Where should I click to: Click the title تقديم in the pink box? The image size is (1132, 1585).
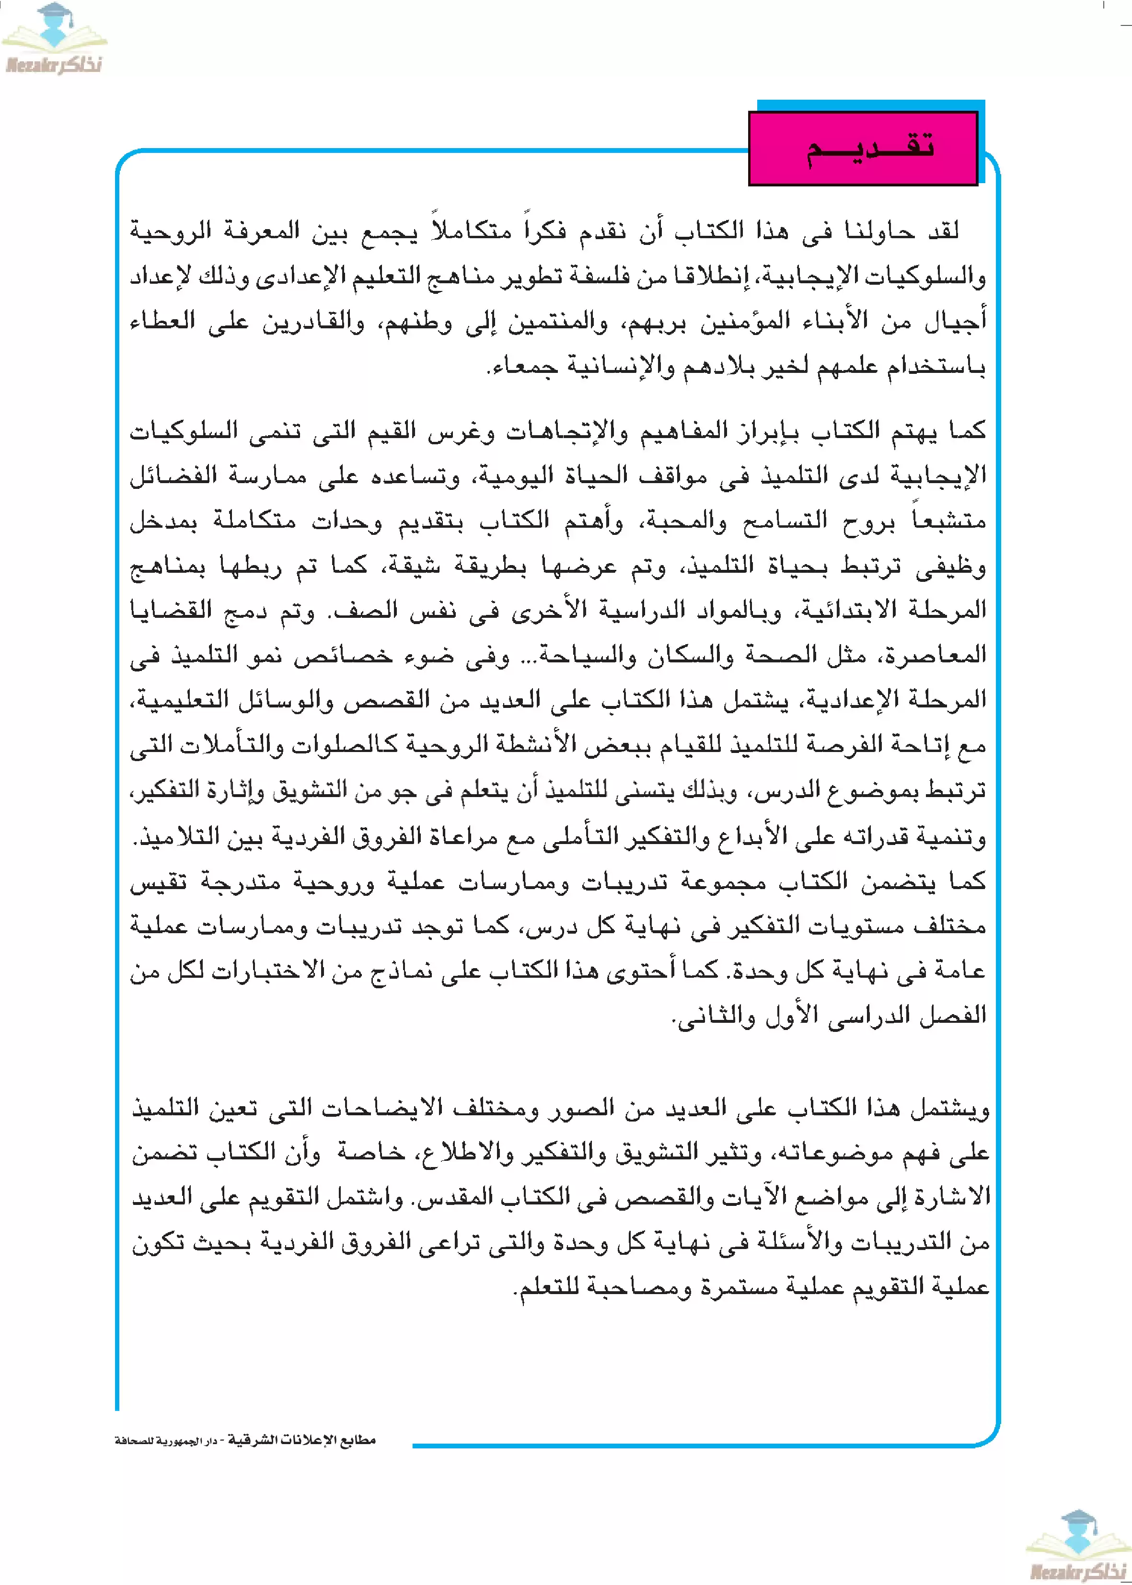[869, 149]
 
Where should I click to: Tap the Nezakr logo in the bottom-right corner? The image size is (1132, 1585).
[1078, 1546]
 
